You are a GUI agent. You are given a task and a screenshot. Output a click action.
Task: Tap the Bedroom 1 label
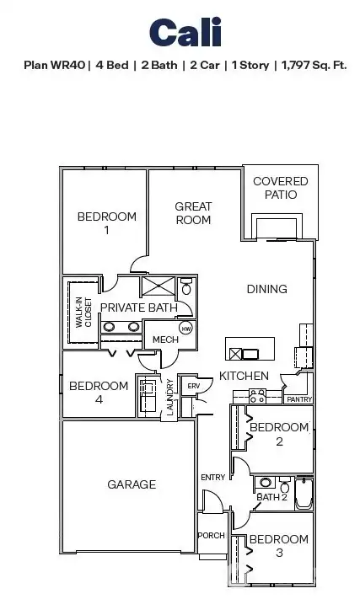pos(106,223)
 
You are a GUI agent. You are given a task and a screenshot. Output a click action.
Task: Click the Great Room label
pos(193,213)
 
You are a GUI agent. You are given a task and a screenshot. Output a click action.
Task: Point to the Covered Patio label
pos(281,188)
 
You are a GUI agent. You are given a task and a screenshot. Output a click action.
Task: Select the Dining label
pos(266,289)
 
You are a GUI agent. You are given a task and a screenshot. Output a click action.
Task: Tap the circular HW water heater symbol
pos(185,327)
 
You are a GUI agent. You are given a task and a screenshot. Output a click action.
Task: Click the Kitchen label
pos(244,376)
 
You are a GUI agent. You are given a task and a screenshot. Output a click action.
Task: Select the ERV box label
pos(192,386)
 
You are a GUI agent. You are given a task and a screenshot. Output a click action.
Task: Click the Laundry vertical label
pos(169,397)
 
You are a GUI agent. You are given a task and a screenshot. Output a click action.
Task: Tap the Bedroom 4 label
pos(99,393)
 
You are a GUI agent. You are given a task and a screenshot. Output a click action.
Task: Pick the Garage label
pos(132,484)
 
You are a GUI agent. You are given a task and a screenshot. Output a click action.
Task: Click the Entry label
pos(212,478)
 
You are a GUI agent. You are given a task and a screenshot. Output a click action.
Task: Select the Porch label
pos(211,536)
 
